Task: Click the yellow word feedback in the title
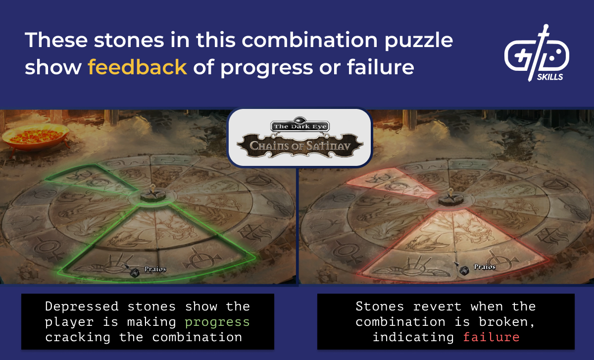click(x=138, y=67)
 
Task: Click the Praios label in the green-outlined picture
click(x=155, y=269)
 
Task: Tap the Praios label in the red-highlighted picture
click(x=485, y=267)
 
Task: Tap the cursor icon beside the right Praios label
click(x=463, y=269)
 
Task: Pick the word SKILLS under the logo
click(x=549, y=77)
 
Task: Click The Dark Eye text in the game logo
click(x=299, y=126)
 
